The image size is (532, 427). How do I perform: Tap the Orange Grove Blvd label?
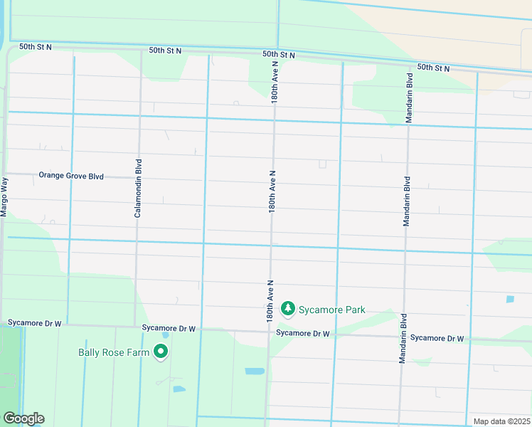(71, 175)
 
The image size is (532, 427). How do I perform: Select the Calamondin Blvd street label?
(137, 188)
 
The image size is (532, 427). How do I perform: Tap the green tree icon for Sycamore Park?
(288, 308)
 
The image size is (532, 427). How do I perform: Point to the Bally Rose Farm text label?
(113, 352)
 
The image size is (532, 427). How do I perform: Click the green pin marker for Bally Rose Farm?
(161, 352)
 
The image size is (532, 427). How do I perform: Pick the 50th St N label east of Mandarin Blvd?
(434, 68)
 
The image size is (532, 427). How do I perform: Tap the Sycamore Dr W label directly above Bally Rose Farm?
(168, 328)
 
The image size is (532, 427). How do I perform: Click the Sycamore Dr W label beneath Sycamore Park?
(302, 333)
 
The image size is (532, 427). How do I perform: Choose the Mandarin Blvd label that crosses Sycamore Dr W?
(403, 338)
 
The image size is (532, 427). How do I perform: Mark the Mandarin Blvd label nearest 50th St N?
(409, 97)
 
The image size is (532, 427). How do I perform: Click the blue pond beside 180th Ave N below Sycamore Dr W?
(253, 371)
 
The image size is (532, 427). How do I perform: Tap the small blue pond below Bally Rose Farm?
(179, 389)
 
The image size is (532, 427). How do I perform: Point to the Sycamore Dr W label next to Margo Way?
(35, 323)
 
